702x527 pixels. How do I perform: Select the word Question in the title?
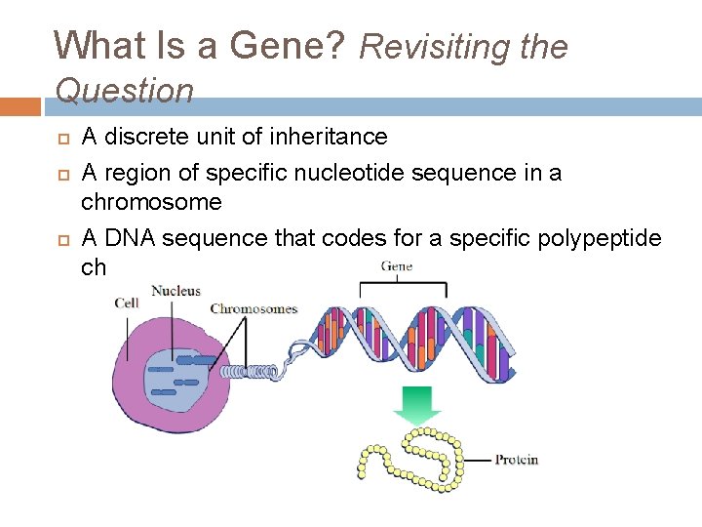[125, 91]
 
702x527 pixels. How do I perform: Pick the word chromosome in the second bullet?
[151, 202]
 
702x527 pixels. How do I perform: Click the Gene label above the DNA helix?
[396, 265]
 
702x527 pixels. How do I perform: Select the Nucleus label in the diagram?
[175, 290]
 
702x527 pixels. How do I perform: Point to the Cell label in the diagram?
[127, 303]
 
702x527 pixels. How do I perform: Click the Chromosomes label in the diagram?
[253, 309]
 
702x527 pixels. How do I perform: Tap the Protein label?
[516, 460]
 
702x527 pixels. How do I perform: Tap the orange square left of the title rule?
[20, 105]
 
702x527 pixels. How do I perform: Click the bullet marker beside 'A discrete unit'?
[59, 138]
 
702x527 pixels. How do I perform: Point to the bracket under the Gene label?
[404, 286]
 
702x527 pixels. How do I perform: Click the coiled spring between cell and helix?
[252, 371]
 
